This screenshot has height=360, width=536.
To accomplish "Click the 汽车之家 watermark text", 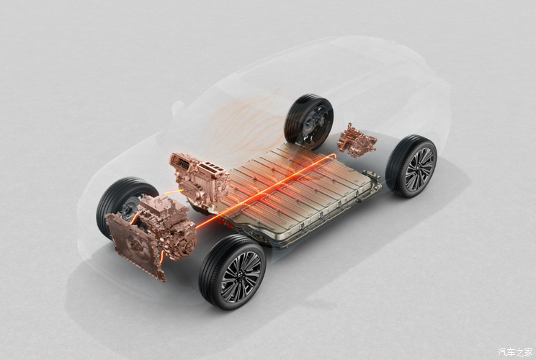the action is (515, 351).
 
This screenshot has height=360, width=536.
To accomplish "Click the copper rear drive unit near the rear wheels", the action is (357, 141).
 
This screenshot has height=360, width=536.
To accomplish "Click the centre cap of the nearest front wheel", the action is (241, 277).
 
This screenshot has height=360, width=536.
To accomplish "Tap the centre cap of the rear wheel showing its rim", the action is (419, 167).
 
